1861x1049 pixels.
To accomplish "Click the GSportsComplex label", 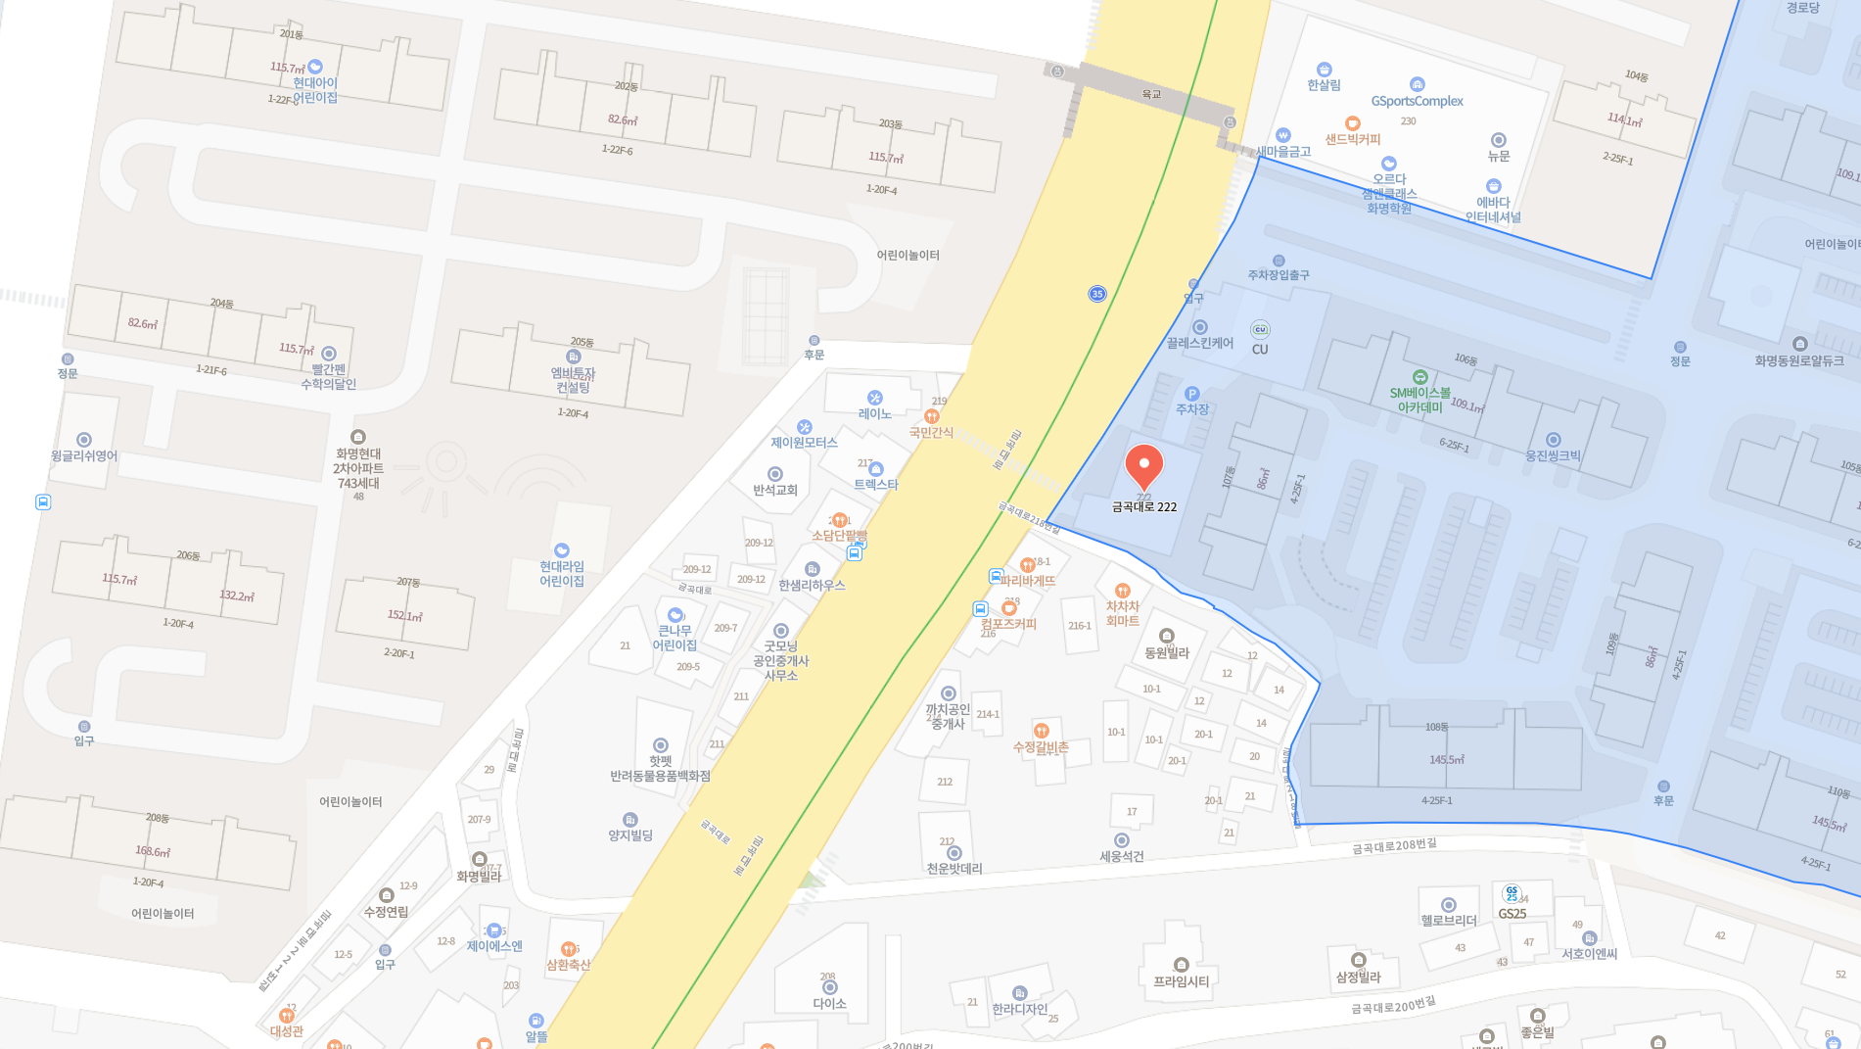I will (x=1417, y=100).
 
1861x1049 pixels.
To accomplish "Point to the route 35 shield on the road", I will (x=1096, y=294).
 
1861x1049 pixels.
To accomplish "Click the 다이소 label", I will (x=829, y=1002).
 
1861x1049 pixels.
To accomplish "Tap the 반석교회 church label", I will (x=774, y=489).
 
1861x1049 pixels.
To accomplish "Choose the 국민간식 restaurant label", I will (x=931, y=431).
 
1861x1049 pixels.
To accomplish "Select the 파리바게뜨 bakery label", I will (x=1028, y=580).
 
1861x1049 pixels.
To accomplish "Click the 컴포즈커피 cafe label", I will (x=1008, y=623).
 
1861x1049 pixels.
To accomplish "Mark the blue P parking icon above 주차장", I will (x=1191, y=394).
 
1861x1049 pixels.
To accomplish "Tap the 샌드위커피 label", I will (x=1353, y=138).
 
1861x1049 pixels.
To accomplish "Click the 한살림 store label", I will (x=1324, y=84).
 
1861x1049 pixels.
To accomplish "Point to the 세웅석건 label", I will (x=1122, y=855).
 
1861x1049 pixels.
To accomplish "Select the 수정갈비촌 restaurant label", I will (x=1041, y=746).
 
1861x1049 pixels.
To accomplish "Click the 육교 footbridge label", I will (x=1151, y=94).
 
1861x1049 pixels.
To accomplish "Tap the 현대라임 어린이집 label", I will (x=562, y=573).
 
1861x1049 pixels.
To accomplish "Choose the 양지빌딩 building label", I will (x=630, y=834).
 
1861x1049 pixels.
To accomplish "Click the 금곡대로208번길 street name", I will (x=1394, y=845).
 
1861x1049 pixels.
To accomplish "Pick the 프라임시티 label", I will (x=1181, y=980).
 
